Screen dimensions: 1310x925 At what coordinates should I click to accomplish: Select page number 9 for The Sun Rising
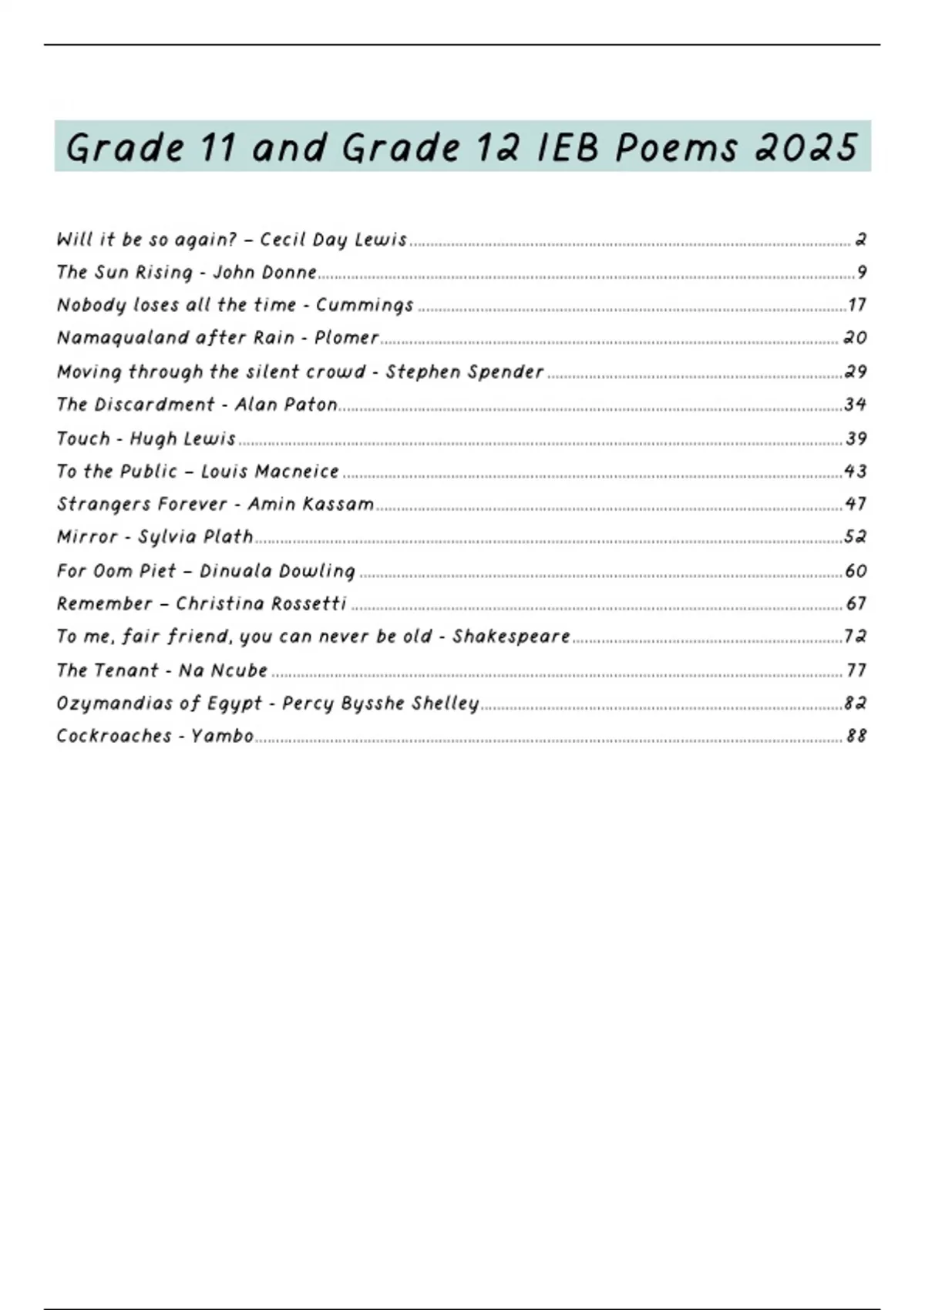(x=862, y=272)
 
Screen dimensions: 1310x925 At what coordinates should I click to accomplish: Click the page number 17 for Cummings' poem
(x=857, y=305)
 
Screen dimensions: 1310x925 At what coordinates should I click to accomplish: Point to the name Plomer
(x=346, y=338)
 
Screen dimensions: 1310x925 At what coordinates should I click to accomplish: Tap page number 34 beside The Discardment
(x=856, y=405)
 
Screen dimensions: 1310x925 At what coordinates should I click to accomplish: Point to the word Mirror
(x=87, y=536)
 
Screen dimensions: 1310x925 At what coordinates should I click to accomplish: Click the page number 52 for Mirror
(x=856, y=536)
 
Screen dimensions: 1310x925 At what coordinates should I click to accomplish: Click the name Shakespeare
(x=511, y=637)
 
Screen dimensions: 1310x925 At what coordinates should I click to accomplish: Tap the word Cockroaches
(x=114, y=736)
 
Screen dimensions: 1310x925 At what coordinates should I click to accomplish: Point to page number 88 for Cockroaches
(x=856, y=736)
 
